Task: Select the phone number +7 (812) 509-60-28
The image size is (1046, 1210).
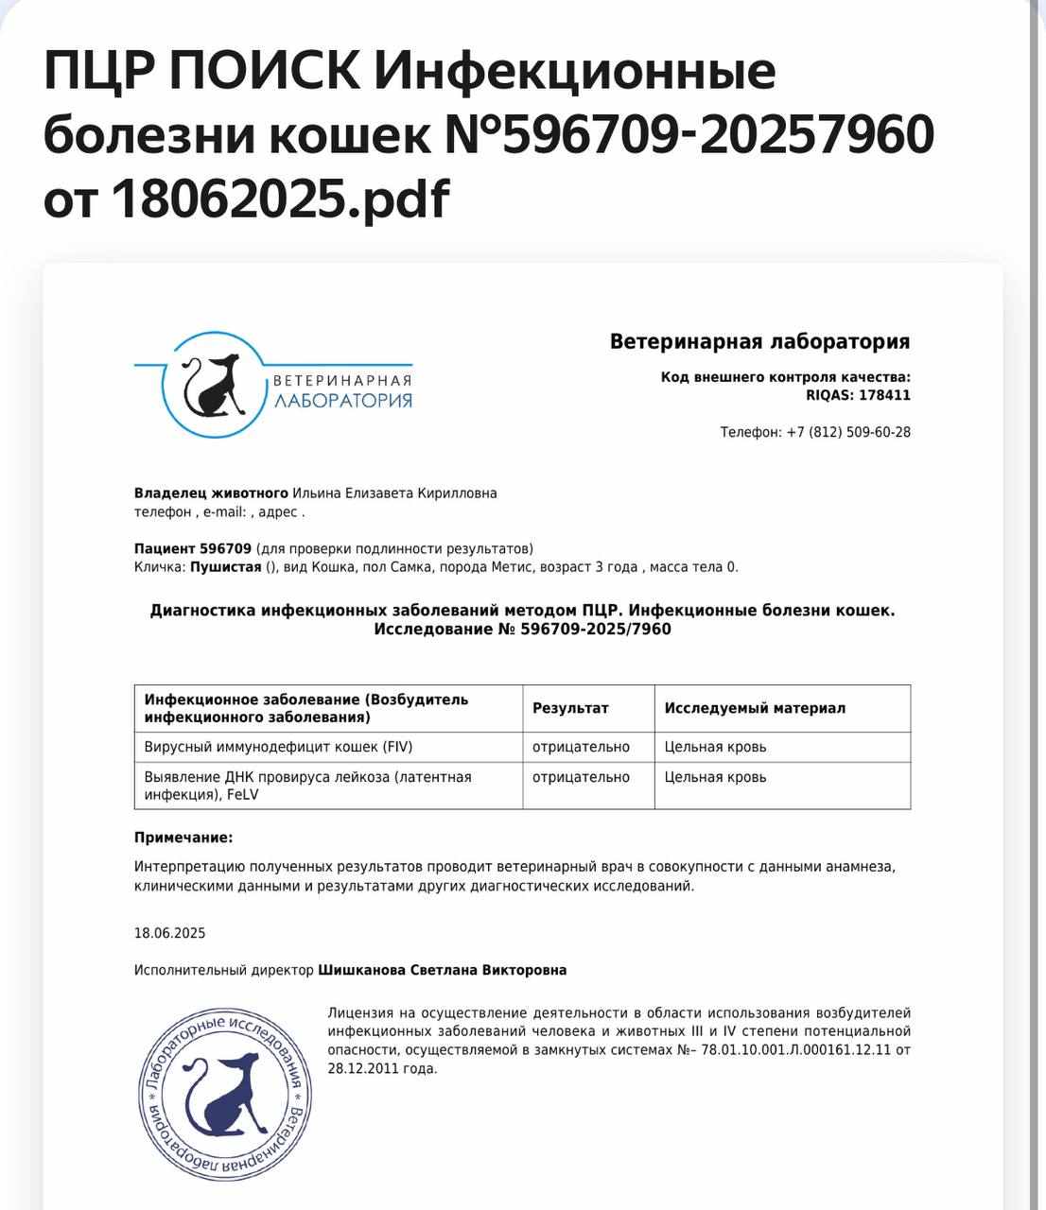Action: tap(848, 432)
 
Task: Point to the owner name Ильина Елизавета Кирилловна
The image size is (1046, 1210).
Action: tap(394, 493)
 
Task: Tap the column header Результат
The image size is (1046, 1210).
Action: tap(570, 708)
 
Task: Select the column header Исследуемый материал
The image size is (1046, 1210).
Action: tap(755, 708)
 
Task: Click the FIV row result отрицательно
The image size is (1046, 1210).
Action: tap(581, 747)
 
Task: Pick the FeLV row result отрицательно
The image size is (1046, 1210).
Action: tap(581, 777)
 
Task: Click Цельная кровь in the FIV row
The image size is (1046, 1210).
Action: tap(715, 747)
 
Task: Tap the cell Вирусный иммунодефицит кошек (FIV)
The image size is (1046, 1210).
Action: tap(278, 747)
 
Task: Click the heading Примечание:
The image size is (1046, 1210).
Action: tap(183, 838)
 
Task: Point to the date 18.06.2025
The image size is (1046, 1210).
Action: tap(170, 933)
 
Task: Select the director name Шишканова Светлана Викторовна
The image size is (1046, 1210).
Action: tap(443, 970)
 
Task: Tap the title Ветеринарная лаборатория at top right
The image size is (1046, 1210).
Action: tap(759, 341)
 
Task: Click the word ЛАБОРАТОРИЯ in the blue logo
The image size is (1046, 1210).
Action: tap(343, 400)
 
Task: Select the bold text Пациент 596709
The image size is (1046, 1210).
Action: tap(193, 548)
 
